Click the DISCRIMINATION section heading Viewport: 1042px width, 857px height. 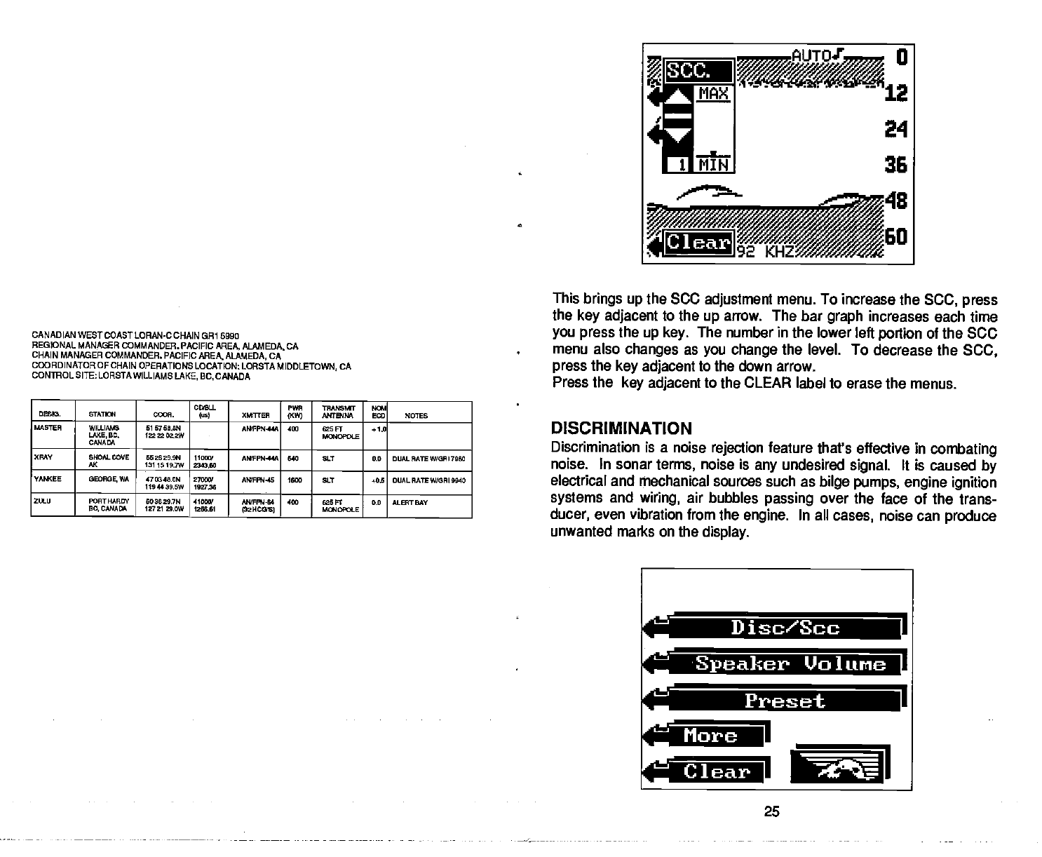tap(621, 428)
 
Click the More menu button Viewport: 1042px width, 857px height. tap(711, 736)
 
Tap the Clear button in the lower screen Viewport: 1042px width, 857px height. tap(715, 771)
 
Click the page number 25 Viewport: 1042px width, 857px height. tap(771, 812)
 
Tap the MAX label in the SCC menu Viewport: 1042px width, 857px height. tap(712, 93)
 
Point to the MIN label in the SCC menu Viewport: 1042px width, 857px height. tap(712, 164)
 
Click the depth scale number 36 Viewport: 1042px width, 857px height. tap(896, 164)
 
